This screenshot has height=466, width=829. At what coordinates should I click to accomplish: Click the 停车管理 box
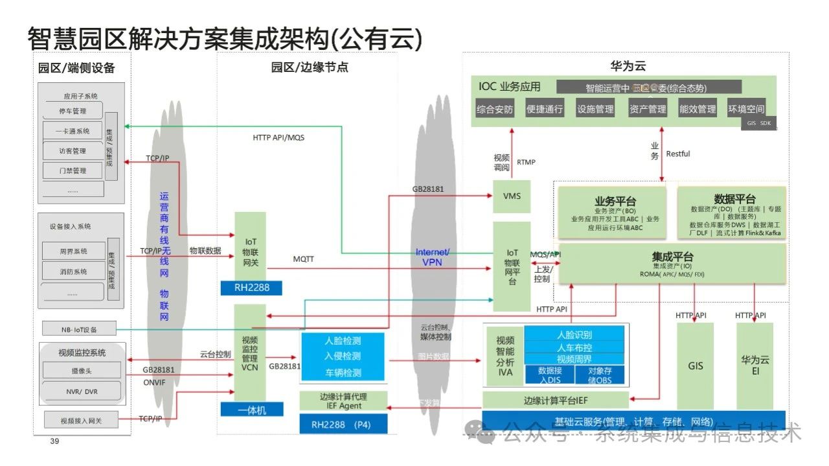tap(73, 111)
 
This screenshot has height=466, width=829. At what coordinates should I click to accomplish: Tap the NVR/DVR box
tap(81, 391)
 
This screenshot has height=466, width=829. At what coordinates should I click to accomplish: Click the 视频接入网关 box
tap(81, 421)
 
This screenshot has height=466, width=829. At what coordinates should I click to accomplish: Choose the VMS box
tap(512, 196)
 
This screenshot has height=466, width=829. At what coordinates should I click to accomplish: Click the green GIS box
tap(695, 366)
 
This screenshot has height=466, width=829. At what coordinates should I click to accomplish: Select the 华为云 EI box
tap(755, 366)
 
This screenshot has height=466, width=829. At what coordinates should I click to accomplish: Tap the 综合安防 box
tap(494, 109)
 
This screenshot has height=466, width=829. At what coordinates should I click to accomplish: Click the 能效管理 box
tap(698, 109)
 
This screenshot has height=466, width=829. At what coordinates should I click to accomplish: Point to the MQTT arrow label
tap(303, 259)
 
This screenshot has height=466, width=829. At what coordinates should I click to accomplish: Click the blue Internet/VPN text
tap(433, 257)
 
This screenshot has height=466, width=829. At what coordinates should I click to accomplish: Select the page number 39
tap(54, 441)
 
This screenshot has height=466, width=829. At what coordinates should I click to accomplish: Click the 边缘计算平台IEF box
tap(555, 401)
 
